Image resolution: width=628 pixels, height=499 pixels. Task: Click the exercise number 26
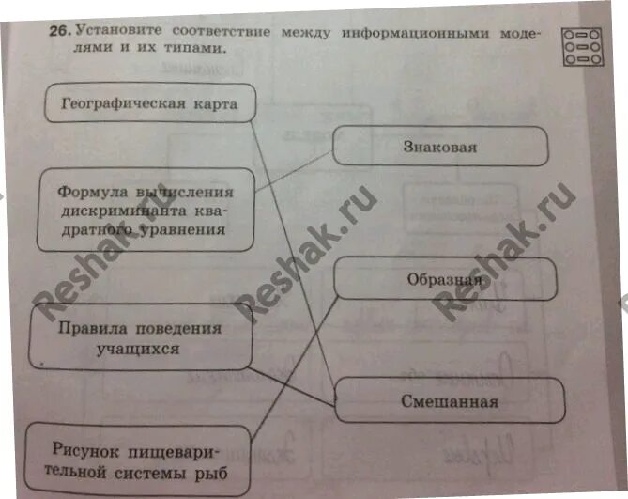coord(59,31)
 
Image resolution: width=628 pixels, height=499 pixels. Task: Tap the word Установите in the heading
coord(116,30)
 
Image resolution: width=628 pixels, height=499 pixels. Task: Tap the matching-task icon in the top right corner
coord(582,46)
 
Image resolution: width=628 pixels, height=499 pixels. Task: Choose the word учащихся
coord(138,349)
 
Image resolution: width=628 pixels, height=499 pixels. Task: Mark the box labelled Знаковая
coord(440,147)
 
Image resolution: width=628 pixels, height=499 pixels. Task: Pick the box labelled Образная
coord(445,279)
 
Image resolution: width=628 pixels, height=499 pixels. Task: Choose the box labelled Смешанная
coord(449,401)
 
